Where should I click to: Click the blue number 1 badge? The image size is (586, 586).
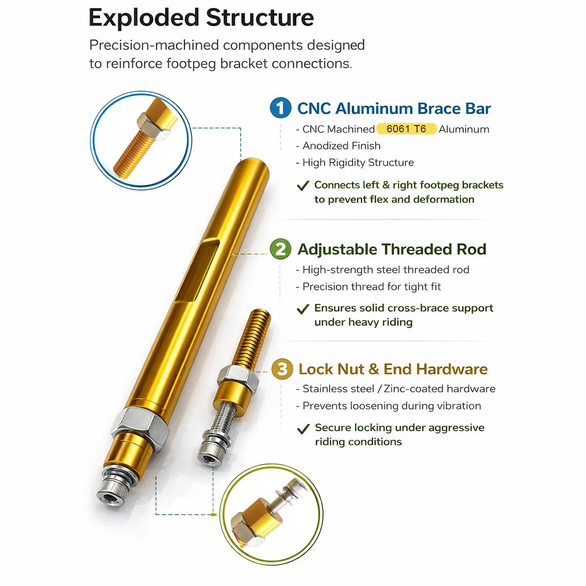(x=280, y=107)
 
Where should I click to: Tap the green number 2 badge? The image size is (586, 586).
(x=280, y=249)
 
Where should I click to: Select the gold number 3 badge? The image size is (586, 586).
(x=282, y=369)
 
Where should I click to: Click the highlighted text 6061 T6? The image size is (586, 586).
(x=406, y=129)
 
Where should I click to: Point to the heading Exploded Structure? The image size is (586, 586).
(x=201, y=18)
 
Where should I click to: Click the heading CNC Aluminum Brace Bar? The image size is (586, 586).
(x=394, y=108)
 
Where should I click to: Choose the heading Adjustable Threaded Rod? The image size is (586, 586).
(x=392, y=249)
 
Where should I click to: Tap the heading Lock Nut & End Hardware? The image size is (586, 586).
(x=393, y=369)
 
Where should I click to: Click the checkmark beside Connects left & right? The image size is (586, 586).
(x=303, y=186)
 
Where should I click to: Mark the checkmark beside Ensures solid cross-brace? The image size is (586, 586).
(x=303, y=309)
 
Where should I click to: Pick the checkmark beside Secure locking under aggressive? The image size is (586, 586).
(x=303, y=429)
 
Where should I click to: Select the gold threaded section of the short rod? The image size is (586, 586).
(x=252, y=337)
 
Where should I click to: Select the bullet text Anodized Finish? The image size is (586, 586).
(x=341, y=146)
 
